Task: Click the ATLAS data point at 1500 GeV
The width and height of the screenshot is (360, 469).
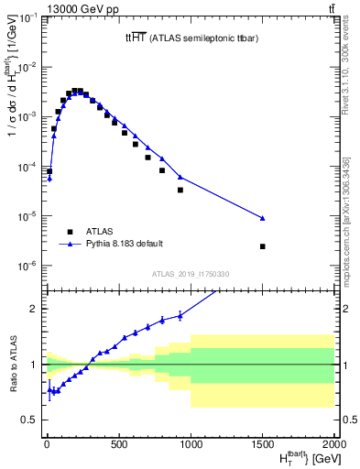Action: (x=263, y=246)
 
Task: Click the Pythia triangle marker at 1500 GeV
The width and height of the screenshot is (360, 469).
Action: (x=263, y=218)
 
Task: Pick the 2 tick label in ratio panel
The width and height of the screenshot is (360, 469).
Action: (x=33, y=309)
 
